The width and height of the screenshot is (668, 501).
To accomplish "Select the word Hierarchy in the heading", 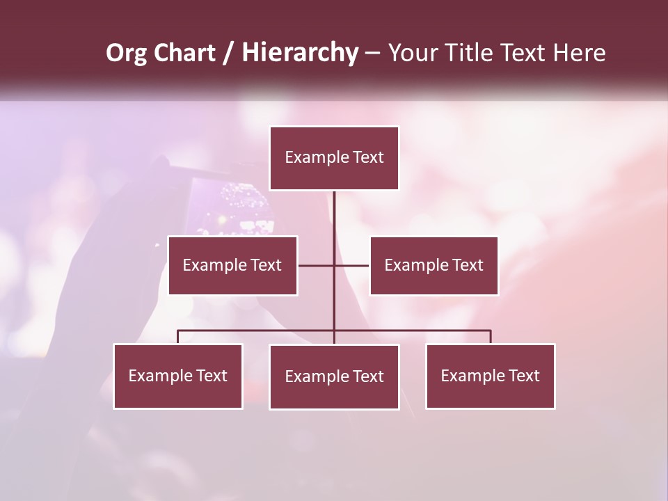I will (x=299, y=53).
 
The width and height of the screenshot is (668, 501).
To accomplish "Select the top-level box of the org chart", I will (x=334, y=158).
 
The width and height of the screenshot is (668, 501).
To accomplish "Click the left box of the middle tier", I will (x=232, y=265).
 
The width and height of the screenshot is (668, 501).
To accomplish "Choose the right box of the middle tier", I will (x=434, y=265).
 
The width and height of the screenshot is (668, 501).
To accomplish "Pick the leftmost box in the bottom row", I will (x=178, y=376).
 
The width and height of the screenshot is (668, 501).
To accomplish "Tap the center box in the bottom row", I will (x=334, y=376).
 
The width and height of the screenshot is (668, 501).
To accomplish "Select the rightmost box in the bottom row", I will (x=490, y=376).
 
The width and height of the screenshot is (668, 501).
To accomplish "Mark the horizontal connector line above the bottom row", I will (x=257, y=331).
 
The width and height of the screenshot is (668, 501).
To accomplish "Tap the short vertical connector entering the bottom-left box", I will (x=178, y=337).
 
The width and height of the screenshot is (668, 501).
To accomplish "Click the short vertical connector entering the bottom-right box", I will (x=490, y=337).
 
